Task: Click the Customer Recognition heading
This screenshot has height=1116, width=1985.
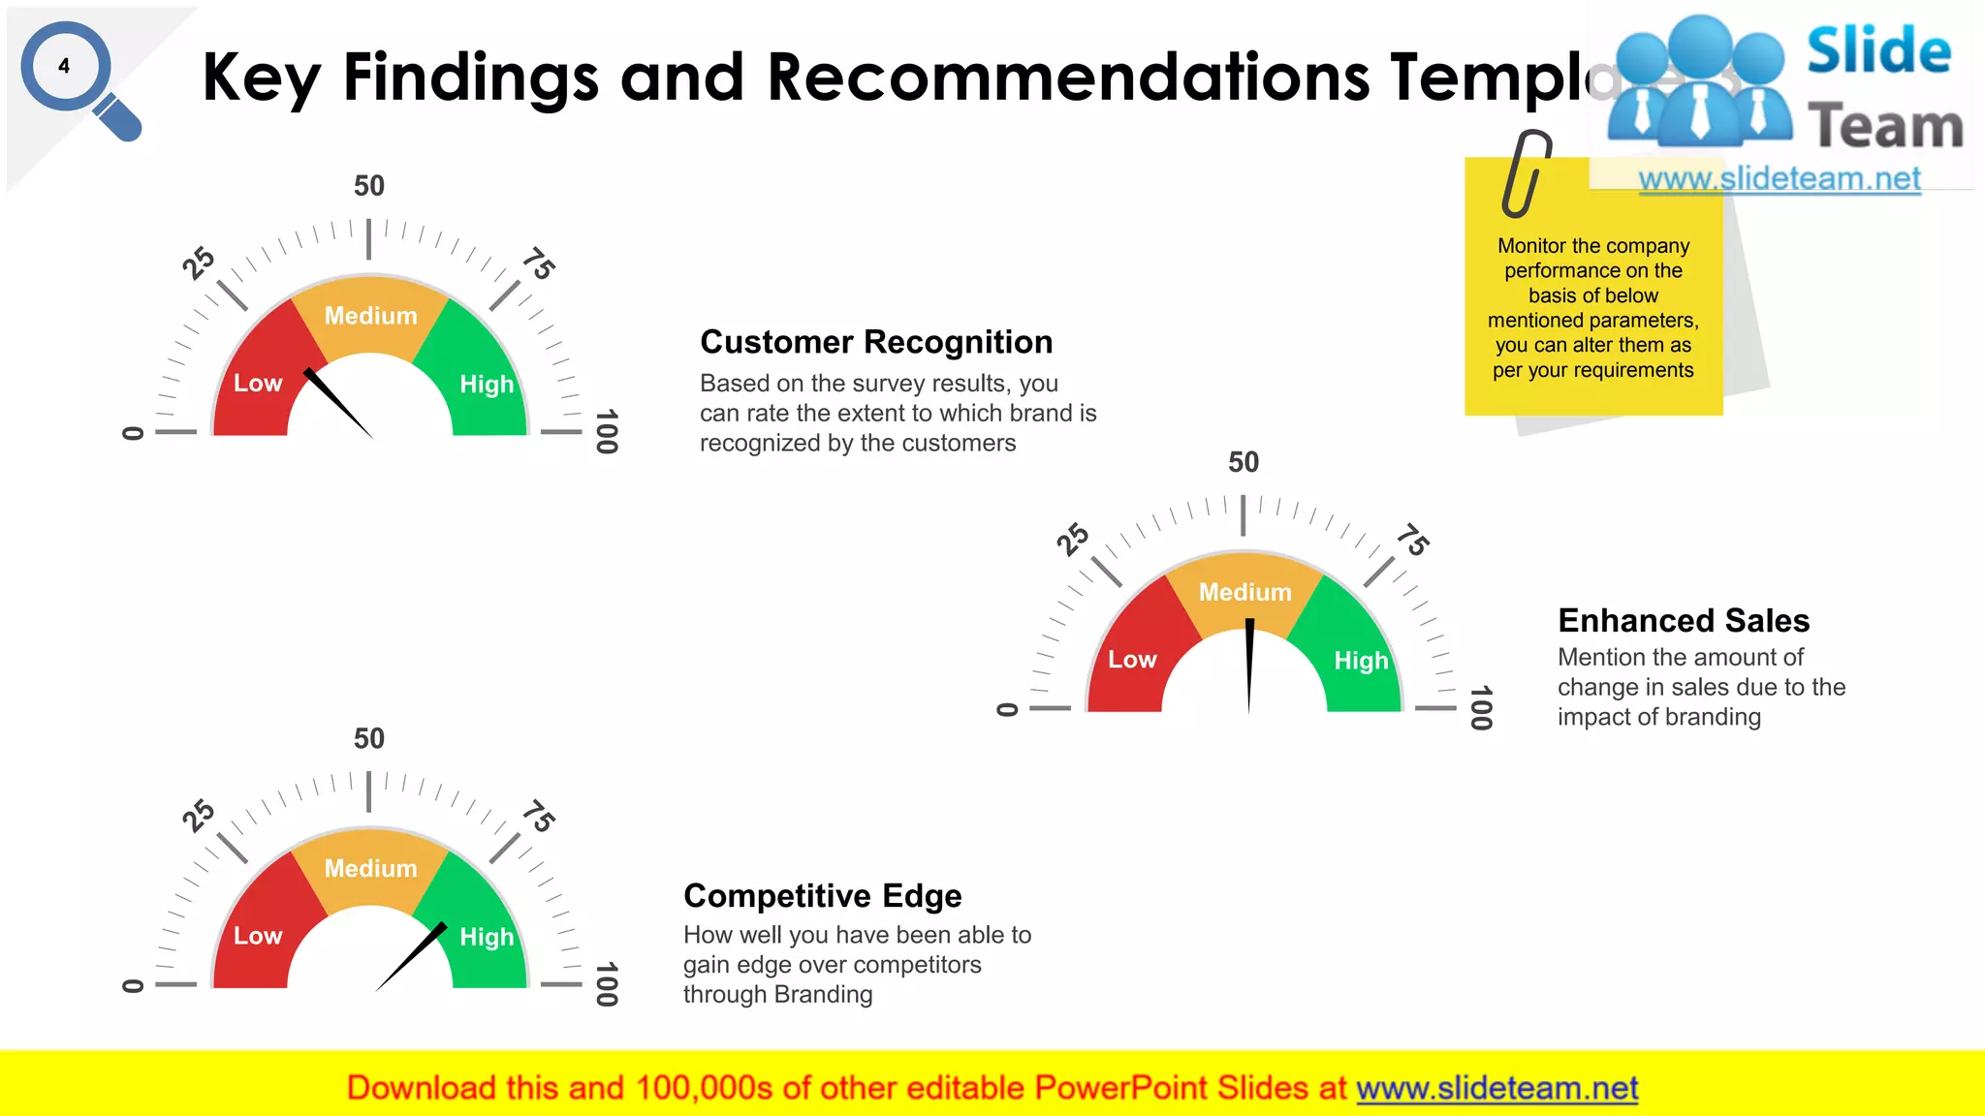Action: pyautogui.click(x=876, y=342)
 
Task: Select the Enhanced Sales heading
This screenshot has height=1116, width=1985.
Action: pyautogui.click(x=1684, y=620)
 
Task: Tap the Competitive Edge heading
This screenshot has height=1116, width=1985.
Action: pyautogui.click(x=822, y=896)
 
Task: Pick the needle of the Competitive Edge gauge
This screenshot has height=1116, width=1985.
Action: pyautogui.click(x=411, y=955)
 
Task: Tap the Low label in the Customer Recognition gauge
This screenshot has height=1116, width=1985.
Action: pyautogui.click(x=258, y=384)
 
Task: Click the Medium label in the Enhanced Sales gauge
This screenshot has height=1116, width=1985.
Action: pyautogui.click(x=1245, y=592)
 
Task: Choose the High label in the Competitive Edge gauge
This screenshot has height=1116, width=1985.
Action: pyautogui.click(x=487, y=937)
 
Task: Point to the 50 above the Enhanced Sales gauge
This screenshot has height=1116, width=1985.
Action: pyautogui.click(x=1244, y=462)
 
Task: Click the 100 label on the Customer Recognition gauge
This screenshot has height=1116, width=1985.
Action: pyautogui.click(x=607, y=431)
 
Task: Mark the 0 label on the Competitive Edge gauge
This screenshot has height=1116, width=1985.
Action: pyautogui.click(x=133, y=986)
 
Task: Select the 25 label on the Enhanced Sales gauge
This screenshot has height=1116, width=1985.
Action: pyautogui.click(x=1073, y=539)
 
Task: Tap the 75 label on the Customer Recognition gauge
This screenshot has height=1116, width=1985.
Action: pyautogui.click(x=539, y=263)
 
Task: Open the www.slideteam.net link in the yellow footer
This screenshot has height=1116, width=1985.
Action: pyautogui.click(x=1497, y=1088)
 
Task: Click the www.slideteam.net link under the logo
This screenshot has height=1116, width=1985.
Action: pyautogui.click(x=1780, y=179)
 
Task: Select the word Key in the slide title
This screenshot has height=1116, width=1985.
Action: pyautogui.click(x=260, y=77)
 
